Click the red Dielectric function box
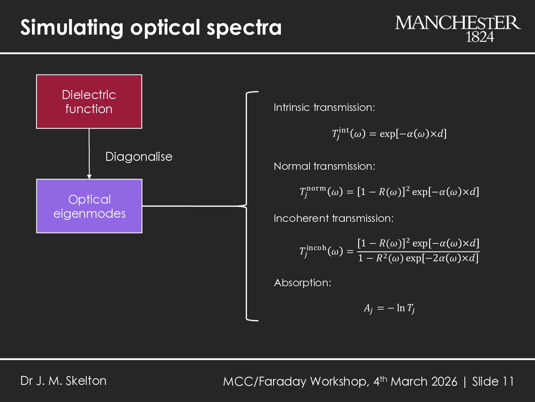89,102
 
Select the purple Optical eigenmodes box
89,206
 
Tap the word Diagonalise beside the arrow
139,157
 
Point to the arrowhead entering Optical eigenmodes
89,176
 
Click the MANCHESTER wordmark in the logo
458,23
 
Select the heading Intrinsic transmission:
324,108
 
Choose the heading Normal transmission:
324,166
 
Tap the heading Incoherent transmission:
333,218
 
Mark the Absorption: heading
302,283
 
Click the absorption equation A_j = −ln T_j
389,308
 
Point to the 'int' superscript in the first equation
344,130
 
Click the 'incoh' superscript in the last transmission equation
317,248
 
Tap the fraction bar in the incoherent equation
418,252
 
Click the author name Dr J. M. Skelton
64,381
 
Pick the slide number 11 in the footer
508,382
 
